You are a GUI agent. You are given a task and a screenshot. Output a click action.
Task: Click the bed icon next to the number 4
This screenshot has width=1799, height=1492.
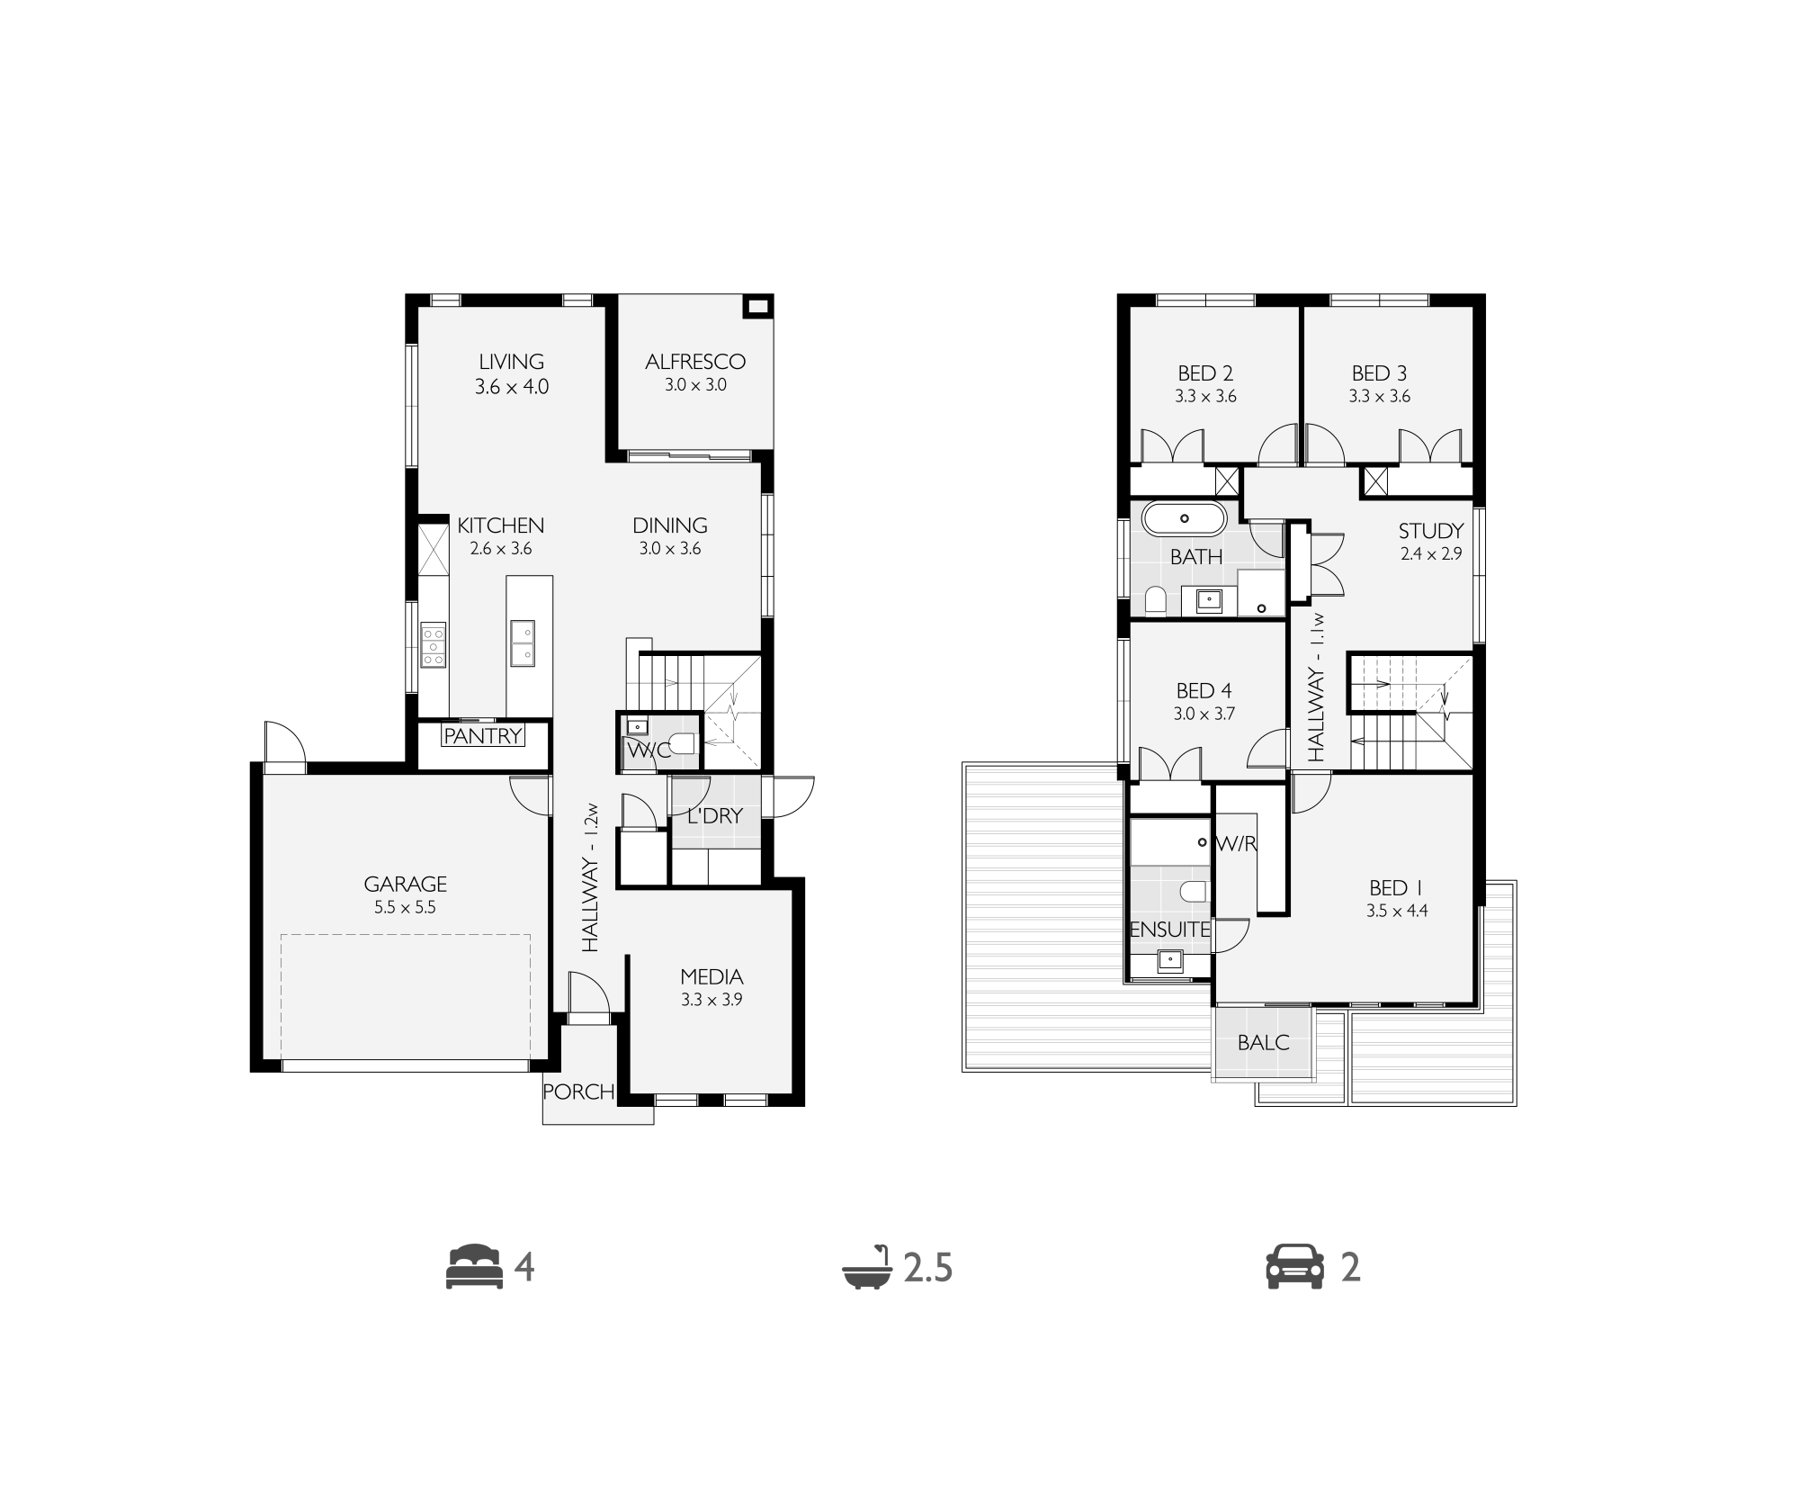click(474, 1267)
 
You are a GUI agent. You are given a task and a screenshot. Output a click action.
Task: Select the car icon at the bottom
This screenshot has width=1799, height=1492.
click(1294, 1267)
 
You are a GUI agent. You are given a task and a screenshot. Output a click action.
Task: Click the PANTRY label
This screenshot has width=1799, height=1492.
click(483, 735)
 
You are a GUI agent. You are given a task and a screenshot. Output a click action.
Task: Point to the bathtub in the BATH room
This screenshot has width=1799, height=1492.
click(1184, 518)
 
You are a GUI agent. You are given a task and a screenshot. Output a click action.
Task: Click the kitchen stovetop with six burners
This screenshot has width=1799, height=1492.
click(434, 645)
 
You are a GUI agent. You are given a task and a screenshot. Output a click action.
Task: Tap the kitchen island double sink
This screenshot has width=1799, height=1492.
click(523, 643)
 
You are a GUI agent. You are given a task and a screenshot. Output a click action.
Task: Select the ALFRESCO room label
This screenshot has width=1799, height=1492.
click(695, 362)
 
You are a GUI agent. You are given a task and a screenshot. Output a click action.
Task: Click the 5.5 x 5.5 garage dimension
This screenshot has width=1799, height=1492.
click(405, 908)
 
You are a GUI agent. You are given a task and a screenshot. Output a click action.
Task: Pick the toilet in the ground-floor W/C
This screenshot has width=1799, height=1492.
click(683, 743)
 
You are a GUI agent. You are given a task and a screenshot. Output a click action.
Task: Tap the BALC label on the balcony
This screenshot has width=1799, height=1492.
click(1263, 1043)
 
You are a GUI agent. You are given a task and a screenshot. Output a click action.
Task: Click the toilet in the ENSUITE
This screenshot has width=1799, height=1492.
click(1194, 892)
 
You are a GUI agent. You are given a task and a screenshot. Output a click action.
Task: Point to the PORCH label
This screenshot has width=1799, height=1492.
click(579, 1092)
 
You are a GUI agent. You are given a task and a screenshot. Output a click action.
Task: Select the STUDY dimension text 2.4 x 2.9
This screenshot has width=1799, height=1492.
click(1431, 554)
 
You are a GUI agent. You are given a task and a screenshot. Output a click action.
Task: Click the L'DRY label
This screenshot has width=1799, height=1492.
click(715, 816)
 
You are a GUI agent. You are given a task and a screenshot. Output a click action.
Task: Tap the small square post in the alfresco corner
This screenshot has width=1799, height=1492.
click(757, 307)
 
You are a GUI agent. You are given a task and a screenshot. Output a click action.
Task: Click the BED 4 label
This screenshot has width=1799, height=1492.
click(1204, 691)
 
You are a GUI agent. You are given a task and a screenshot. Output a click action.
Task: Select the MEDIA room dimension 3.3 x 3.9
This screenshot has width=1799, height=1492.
click(712, 999)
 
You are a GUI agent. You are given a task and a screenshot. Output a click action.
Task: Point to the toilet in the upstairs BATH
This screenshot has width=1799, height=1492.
click(1156, 598)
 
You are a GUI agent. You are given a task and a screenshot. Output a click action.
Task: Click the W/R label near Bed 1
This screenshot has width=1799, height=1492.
click(1236, 844)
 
